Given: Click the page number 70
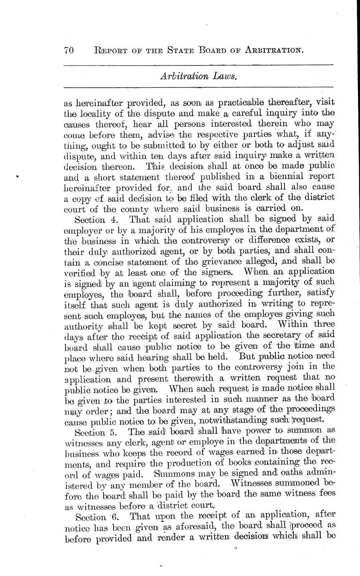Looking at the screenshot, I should (69, 51).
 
